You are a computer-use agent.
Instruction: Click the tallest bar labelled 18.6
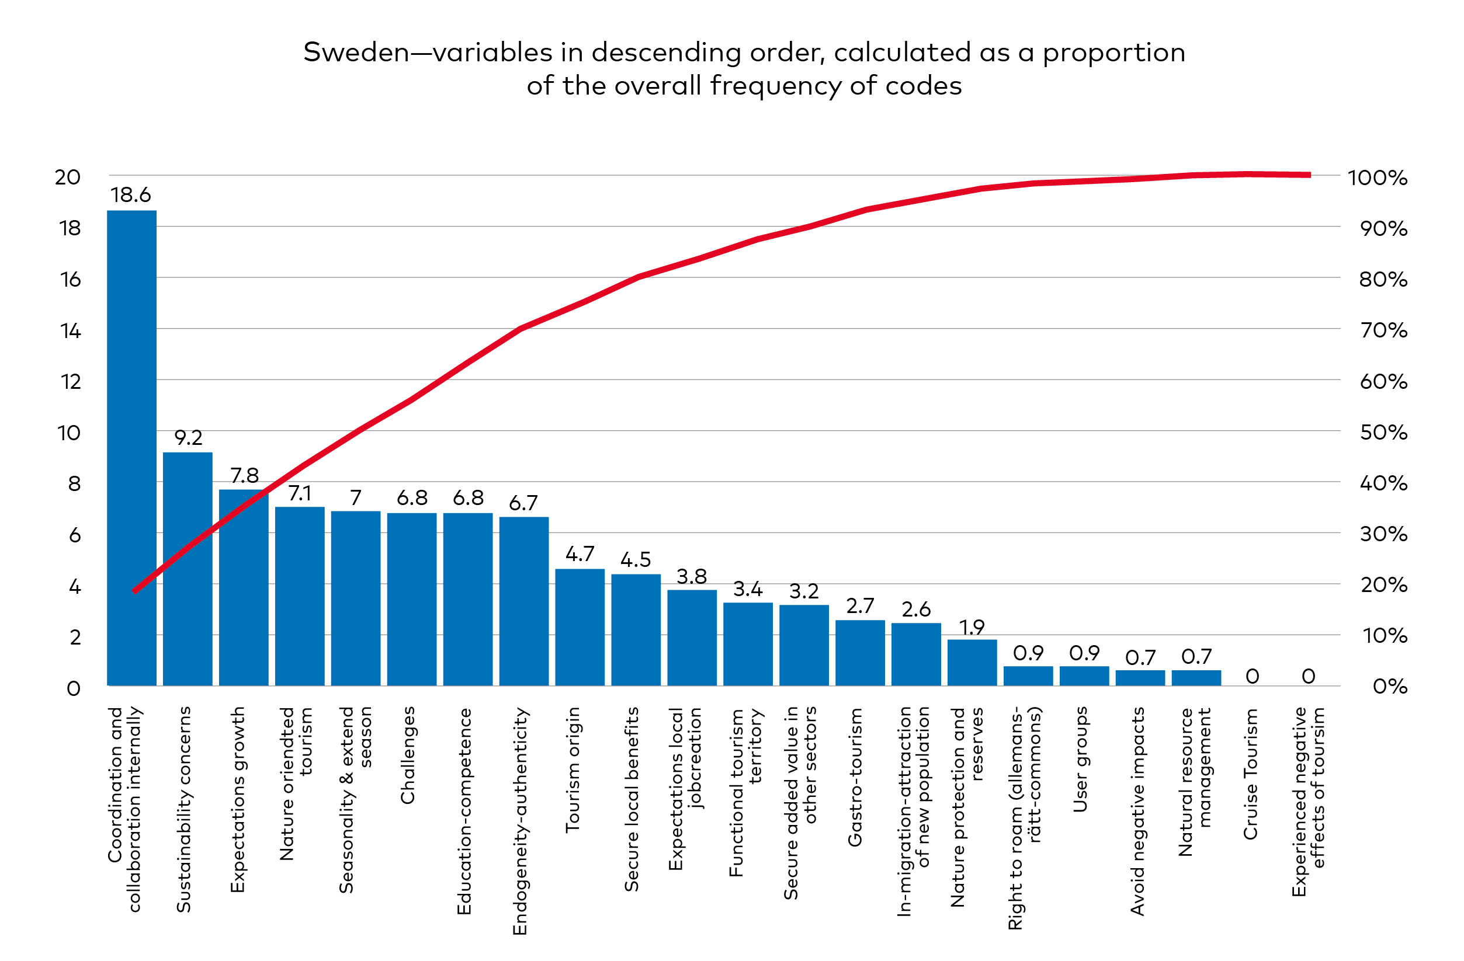point(131,449)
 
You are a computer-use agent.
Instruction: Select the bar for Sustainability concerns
point(188,569)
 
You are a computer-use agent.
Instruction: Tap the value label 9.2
point(188,438)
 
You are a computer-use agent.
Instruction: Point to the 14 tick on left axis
point(71,332)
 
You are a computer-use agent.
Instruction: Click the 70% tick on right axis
point(1383,330)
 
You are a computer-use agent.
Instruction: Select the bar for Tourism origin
point(580,627)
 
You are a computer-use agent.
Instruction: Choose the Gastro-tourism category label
point(855,777)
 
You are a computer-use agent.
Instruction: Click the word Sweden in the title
point(356,53)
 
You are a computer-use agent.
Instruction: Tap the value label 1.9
point(972,627)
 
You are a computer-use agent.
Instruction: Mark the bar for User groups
point(1084,676)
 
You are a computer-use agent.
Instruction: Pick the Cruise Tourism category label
point(1251,774)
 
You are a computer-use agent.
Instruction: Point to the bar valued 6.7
point(523,601)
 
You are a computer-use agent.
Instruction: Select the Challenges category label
point(408,755)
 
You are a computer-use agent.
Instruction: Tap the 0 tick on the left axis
point(73,688)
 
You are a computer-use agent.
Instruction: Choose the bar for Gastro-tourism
point(860,653)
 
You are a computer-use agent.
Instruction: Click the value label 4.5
point(636,560)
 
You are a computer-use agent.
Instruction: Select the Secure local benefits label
point(632,799)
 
